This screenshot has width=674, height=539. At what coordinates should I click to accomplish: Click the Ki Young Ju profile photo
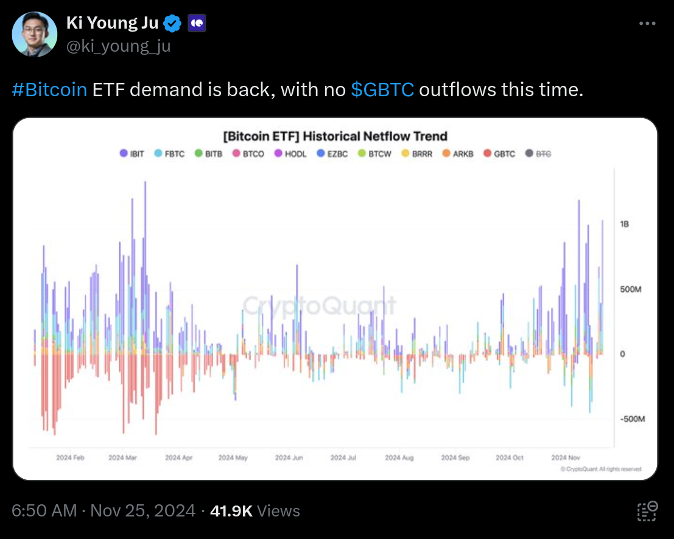(x=35, y=34)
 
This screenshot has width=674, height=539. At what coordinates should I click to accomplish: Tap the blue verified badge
(x=174, y=24)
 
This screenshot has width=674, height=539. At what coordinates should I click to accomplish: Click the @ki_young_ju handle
(x=118, y=46)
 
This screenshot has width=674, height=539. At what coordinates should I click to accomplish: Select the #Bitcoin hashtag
(x=49, y=90)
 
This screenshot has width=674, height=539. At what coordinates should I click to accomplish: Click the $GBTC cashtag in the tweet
(x=383, y=90)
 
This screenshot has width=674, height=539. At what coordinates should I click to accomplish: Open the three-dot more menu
(x=647, y=23)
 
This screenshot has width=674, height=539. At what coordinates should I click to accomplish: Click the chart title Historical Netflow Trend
(x=335, y=136)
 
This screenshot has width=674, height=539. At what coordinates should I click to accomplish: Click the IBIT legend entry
(x=132, y=154)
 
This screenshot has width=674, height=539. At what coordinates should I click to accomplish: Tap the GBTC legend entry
(x=499, y=154)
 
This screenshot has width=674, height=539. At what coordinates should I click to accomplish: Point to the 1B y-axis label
(x=624, y=224)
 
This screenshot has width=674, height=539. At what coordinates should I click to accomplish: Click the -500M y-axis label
(x=631, y=420)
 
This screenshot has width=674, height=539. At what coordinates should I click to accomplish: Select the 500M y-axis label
(x=631, y=289)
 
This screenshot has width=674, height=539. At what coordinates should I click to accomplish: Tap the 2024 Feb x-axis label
(x=70, y=457)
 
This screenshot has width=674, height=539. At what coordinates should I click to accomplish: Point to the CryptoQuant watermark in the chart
(x=319, y=306)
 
